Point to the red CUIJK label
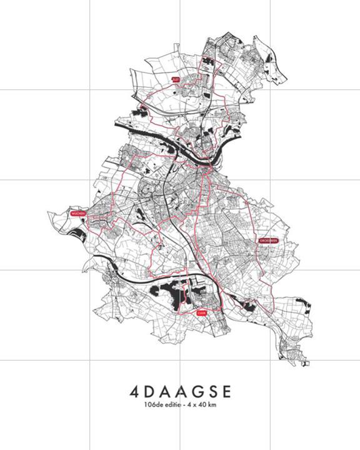(201, 314)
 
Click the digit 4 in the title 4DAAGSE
(136, 391)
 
